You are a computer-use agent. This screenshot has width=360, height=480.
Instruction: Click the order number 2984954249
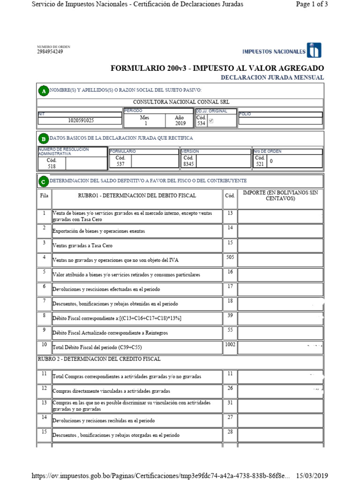pyautogui.click(x=50, y=52)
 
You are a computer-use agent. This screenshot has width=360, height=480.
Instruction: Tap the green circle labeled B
pyautogui.click(x=43, y=139)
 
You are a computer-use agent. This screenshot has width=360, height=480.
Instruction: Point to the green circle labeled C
pyautogui.click(x=43, y=181)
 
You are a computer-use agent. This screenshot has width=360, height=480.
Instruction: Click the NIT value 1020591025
pyautogui.click(x=81, y=120)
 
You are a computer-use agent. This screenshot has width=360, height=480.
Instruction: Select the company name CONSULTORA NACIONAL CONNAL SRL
pyautogui.click(x=181, y=102)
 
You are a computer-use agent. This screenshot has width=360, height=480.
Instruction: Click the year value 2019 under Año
pyautogui.click(x=180, y=124)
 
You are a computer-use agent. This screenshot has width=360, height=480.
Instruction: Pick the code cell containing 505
pyautogui.click(x=230, y=257)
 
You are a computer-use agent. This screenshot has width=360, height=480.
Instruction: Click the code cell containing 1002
pyautogui.click(x=230, y=345)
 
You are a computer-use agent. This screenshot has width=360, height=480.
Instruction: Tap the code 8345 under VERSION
pyautogui.click(x=188, y=164)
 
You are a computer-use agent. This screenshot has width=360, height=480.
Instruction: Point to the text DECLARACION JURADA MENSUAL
pyautogui.click(x=272, y=77)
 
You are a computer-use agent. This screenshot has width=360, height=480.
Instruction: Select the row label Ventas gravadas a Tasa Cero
pyautogui.click(x=82, y=246)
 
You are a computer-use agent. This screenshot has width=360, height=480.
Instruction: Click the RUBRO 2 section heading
pyautogui.click(x=99, y=359)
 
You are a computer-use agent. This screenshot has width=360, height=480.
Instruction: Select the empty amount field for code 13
pyautogui.click(x=280, y=216)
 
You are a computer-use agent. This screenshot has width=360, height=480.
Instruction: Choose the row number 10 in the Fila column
pyautogui.click(x=44, y=345)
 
